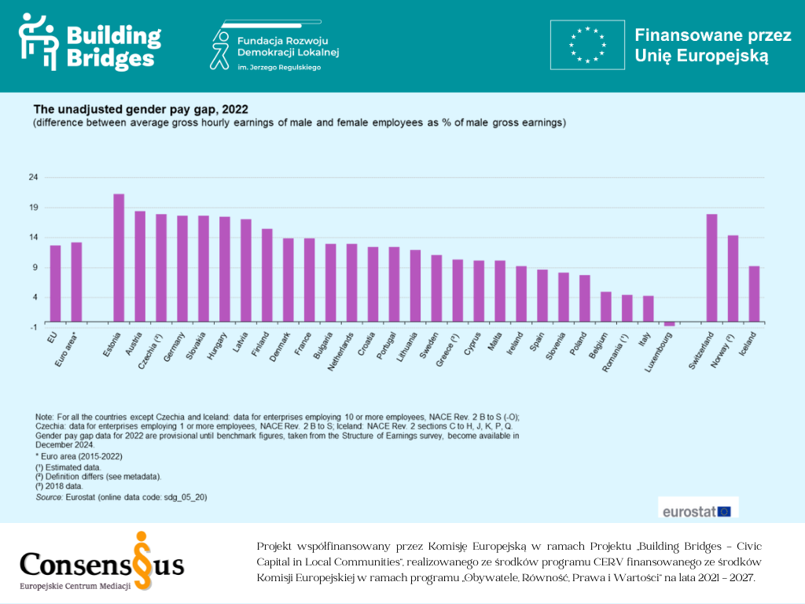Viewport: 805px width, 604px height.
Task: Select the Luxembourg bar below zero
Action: pos(669,323)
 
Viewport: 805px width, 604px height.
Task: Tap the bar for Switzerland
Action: pos(711,267)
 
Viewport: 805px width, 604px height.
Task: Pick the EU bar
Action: pos(55,283)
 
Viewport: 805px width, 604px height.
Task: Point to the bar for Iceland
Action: pos(754,293)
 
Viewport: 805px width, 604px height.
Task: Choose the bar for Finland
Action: pos(266,274)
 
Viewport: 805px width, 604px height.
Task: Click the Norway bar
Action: pos(733,278)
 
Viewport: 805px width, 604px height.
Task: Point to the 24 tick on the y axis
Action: pos(33,177)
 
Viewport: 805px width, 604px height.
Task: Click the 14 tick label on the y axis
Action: pos(33,238)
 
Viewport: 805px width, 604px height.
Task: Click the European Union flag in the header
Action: pos(587,46)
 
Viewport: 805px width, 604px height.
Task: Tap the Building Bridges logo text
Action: pos(113,46)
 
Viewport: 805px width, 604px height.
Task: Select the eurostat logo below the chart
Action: pos(696,510)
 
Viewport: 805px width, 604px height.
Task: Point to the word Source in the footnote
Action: pos(49,497)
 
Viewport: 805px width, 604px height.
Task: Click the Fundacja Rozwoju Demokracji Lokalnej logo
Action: pos(275,49)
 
